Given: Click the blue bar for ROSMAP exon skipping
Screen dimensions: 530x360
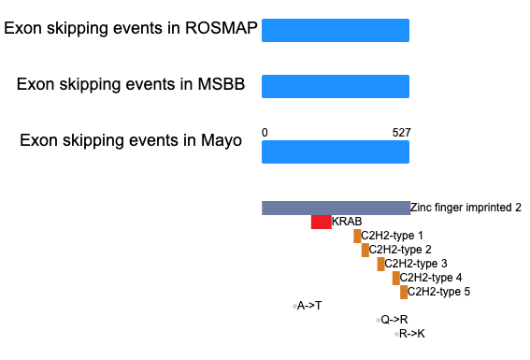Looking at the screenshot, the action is click(336, 31).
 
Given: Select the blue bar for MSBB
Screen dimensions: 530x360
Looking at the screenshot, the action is click(336, 87).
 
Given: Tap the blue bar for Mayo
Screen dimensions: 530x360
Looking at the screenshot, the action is click(336, 152).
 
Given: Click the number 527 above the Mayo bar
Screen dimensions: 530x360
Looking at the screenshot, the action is click(402, 133).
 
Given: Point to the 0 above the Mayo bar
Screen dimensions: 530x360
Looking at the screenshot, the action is click(265, 133).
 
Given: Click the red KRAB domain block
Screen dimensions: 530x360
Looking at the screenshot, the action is click(322, 223).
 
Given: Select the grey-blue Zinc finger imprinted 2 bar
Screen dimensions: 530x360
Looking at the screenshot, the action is click(336, 208).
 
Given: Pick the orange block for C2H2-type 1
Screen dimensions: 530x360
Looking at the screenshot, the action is click(357, 236).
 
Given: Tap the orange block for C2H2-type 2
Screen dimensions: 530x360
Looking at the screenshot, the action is click(365, 251).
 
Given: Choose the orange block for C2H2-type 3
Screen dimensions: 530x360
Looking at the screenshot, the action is click(381, 264).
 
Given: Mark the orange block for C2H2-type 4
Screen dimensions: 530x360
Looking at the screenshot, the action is click(396, 279).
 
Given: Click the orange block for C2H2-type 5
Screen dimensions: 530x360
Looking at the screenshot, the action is click(404, 292).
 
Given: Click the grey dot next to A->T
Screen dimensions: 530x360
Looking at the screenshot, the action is click(294, 307).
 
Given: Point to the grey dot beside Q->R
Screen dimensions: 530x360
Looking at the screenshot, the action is click(379, 320).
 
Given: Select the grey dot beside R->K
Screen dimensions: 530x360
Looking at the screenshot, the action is click(396, 335).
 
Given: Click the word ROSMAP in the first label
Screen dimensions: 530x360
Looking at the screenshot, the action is click(221, 28).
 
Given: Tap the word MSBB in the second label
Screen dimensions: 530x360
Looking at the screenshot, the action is click(221, 84).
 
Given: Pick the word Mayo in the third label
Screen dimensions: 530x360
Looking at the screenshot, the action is click(221, 140).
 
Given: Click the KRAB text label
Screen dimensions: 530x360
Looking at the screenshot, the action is click(347, 222).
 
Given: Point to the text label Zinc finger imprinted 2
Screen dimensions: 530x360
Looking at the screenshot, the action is click(466, 208).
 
